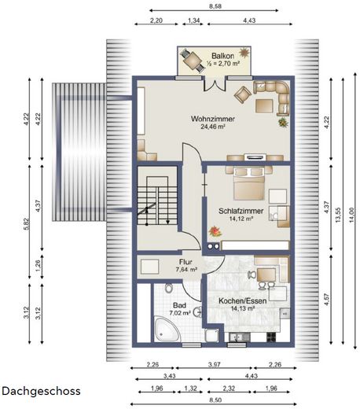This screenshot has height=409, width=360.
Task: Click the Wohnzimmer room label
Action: pyautogui.click(x=212, y=119)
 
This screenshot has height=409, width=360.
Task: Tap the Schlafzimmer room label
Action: pyautogui.click(x=241, y=211)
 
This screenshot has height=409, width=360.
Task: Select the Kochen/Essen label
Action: pyautogui.click(x=242, y=300)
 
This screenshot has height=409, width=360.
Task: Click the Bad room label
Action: pyautogui.click(x=179, y=305)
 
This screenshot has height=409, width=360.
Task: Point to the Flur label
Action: pyautogui.click(x=186, y=262)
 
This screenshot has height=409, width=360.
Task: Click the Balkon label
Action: pyautogui.click(x=222, y=56)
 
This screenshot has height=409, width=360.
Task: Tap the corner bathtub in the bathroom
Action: pyautogui.click(x=167, y=330)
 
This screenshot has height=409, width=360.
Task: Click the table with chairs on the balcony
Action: pyautogui.click(x=192, y=61)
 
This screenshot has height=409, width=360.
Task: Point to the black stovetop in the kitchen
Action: pyautogui.click(x=271, y=337)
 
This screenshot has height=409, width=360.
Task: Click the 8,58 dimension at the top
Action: pyautogui.click(x=215, y=6)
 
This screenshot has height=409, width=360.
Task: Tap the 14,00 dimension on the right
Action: pyautogui.click(x=351, y=215)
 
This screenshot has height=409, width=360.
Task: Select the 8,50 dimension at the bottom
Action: pyautogui.click(x=215, y=400)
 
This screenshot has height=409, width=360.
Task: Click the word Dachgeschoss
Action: pyautogui.click(x=41, y=391)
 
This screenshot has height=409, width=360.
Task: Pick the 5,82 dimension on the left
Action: pyautogui.click(x=27, y=224)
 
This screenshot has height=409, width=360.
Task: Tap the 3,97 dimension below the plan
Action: pyautogui.click(x=214, y=364)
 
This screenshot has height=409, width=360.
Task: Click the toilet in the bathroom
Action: pyautogui.click(x=169, y=288)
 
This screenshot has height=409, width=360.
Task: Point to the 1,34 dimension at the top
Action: pyautogui.click(x=194, y=20)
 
